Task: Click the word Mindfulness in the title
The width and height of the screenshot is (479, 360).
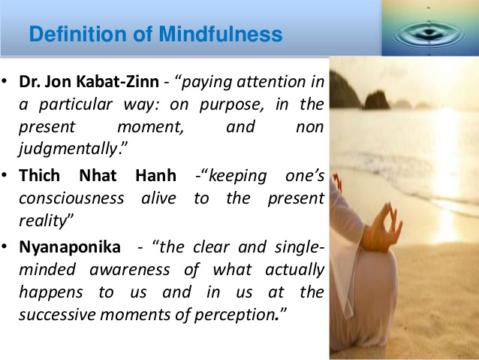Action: pos(221,34)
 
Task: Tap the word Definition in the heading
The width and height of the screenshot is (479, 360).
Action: pos(78,34)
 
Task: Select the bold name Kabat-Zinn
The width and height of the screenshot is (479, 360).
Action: pos(118,82)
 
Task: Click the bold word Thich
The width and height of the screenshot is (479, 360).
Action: pos(39,176)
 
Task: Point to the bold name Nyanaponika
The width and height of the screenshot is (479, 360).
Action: pos(70,247)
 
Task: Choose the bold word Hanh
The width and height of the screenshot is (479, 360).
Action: pos(156,176)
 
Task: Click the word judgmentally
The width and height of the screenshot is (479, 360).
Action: pos(68,150)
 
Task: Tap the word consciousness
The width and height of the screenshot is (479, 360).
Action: pos(71,198)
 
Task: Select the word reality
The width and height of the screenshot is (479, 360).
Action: pos(43,221)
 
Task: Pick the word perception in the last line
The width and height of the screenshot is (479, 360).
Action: pos(235,315)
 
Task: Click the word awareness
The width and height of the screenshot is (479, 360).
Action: pos(130,270)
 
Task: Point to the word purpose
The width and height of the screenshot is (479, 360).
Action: pos(231,105)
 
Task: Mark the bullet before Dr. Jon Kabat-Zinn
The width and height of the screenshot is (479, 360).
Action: pos(5,81)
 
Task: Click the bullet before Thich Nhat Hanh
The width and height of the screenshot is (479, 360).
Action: pos(5,175)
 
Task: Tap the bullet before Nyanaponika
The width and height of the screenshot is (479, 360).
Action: pos(5,247)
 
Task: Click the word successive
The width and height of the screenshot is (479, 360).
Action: pos(57,315)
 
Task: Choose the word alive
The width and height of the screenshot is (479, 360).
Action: pos(159,198)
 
